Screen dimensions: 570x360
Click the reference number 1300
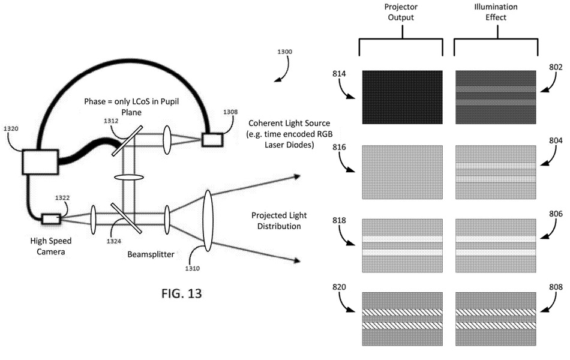click(x=284, y=52)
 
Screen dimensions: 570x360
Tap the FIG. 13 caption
click(x=181, y=293)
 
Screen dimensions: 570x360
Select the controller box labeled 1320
click(x=40, y=162)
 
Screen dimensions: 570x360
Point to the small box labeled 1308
click(x=212, y=140)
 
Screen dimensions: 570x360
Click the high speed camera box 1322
click(x=51, y=219)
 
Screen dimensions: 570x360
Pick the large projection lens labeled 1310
click(x=208, y=220)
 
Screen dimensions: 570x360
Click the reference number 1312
click(x=111, y=121)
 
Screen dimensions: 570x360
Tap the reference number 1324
click(x=114, y=241)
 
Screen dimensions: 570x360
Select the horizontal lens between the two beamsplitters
click(x=128, y=178)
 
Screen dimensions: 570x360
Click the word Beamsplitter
click(x=151, y=254)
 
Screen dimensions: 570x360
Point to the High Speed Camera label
click(x=51, y=246)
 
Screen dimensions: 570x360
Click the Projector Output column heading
click(x=401, y=12)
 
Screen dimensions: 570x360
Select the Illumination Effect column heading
click(x=496, y=12)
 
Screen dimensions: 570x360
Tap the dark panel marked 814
click(x=403, y=97)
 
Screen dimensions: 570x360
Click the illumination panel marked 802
click(x=496, y=97)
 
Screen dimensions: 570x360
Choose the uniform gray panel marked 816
click(x=403, y=172)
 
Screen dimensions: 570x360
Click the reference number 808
click(x=556, y=287)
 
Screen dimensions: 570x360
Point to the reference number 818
click(x=339, y=220)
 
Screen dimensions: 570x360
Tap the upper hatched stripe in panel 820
click(x=403, y=313)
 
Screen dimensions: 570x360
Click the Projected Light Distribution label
click(x=279, y=221)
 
